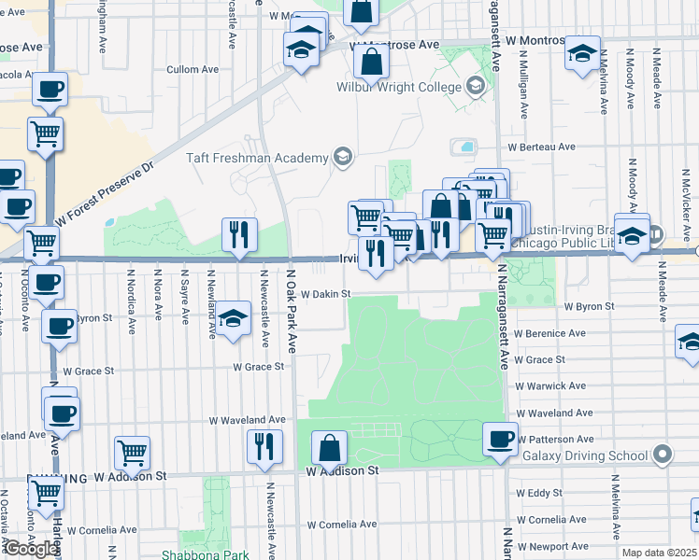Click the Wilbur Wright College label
tap(399, 88)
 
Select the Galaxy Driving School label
tap(584, 455)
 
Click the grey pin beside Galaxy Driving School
tap(663, 455)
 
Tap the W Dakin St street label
tap(324, 293)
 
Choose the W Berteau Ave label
tap(541, 147)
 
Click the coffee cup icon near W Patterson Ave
tap(500, 438)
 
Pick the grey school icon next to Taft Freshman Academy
tap(343, 157)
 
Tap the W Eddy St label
tap(539, 492)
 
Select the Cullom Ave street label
tap(192, 69)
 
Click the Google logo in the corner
tap(30, 548)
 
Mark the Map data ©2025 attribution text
tap(658, 553)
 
